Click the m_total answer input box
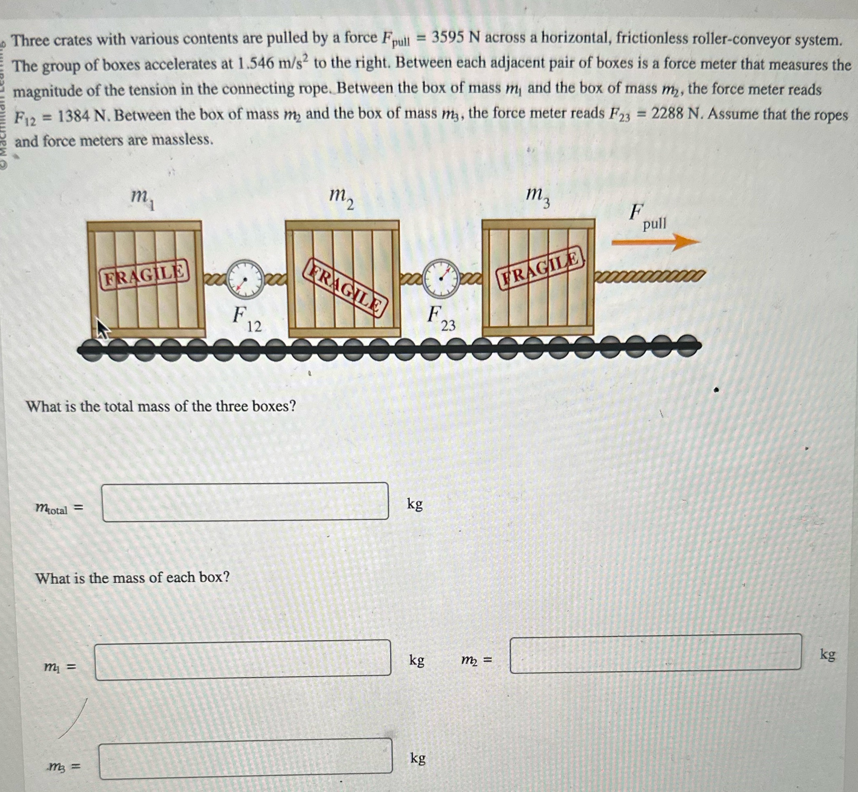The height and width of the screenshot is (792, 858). [245, 502]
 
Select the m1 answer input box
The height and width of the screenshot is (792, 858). [242, 660]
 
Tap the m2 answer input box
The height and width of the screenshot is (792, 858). [655, 653]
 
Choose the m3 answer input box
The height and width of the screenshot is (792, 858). [246, 758]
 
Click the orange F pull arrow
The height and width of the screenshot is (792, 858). [656, 242]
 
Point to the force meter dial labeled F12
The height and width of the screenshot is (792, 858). [245, 279]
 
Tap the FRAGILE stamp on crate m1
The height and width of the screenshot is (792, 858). [145, 274]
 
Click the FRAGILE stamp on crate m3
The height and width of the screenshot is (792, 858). [541, 268]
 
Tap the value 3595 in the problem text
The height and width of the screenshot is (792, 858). [448, 39]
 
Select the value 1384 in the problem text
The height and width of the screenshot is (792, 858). [76, 116]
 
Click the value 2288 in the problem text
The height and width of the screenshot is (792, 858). [669, 114]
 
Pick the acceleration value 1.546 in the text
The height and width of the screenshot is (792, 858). [255, 64]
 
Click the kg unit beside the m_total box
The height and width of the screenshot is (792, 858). [415, 504]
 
